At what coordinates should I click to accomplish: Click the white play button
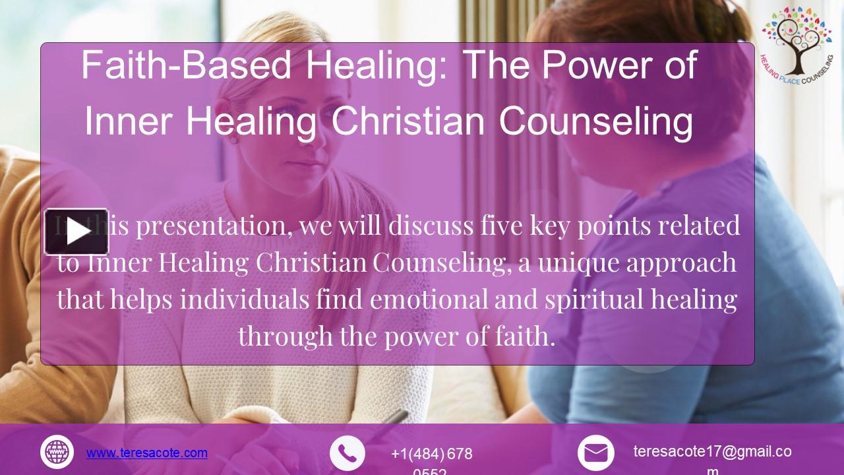pos(76,232)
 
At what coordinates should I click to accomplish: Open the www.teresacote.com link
pos(147,453)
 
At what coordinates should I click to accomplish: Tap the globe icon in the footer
pos(57,453)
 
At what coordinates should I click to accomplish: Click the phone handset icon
pos(347,453)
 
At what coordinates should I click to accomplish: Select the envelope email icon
pos(595,453)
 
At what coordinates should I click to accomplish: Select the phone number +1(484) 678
pos(431,454)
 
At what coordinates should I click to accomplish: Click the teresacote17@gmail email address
pos(712,452)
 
